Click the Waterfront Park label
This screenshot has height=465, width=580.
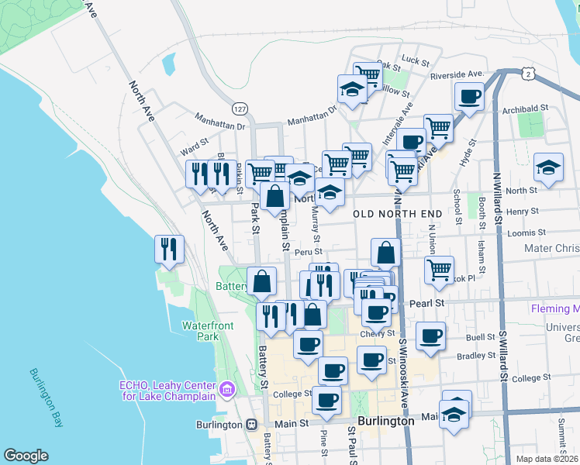[207, 331]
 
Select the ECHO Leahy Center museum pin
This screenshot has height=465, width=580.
[227, 388]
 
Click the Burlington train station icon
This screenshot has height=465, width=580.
[251, 425]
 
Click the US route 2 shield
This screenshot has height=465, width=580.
[528, 73]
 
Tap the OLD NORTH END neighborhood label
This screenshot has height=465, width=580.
[397, 213]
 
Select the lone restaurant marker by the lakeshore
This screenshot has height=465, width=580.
[169, 249]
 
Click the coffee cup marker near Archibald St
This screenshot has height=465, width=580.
[469, 98]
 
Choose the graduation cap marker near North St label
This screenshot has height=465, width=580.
[548, 167]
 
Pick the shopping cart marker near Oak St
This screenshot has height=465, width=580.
[368, 75]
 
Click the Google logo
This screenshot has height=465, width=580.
[26, 456]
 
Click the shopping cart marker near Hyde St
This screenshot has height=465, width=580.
[438, 127]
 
